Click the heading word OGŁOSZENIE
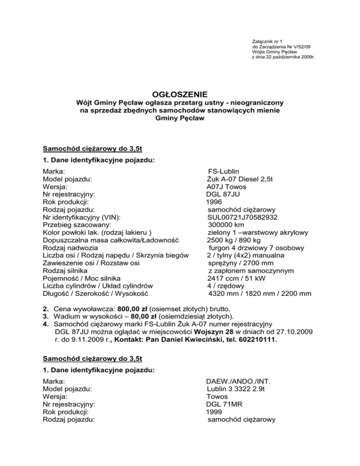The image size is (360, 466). point(180,94)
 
